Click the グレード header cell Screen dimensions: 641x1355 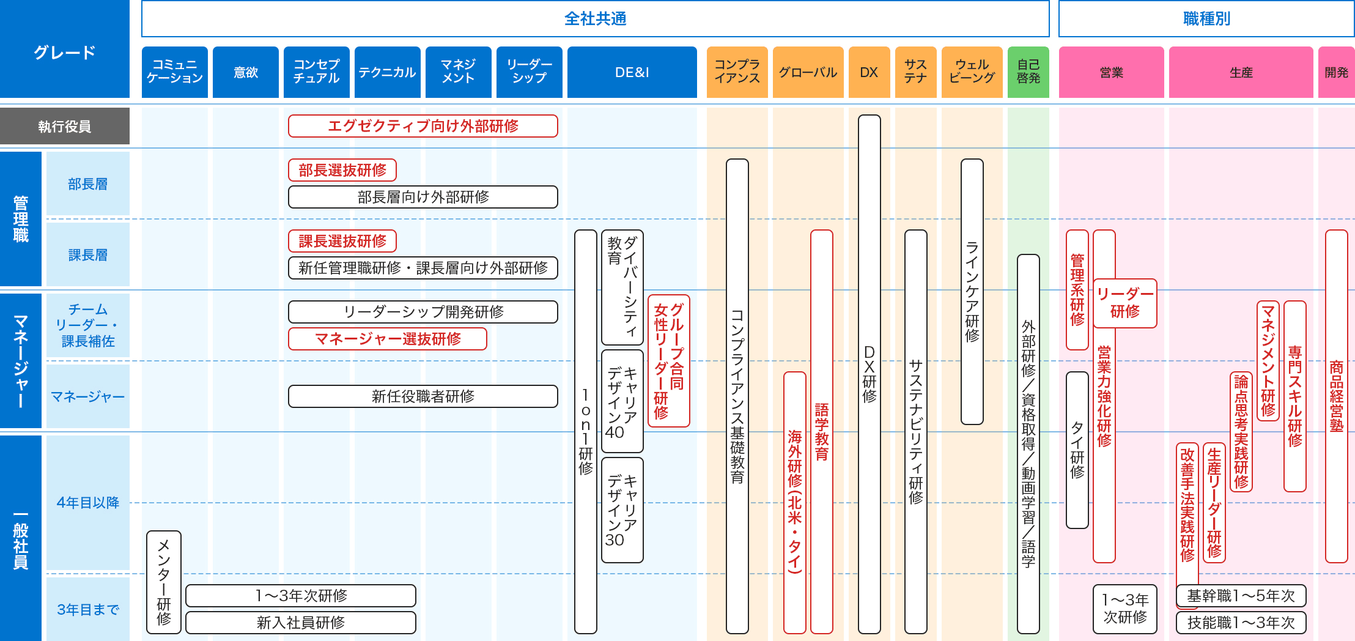click(x=64, y=52)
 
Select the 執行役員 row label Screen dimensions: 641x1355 click(x=64, y=126)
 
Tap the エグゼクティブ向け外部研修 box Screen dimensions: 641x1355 click(x=423, y=126)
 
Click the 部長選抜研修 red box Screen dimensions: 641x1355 click(x=342, y=170)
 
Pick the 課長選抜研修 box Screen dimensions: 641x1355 click(x=342, y=241)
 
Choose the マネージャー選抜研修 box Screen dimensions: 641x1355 click(x=387, y=339)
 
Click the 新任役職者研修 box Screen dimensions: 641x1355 click(x=423, y=396)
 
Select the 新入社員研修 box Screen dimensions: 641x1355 click(x=300, y=623)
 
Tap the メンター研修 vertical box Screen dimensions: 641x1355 click(x=163, y=582)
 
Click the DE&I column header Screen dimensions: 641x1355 click(x=632, y=72)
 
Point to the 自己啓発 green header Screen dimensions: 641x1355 click(x=1028, y=72)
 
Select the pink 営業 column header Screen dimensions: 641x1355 click(x=1111, y=72)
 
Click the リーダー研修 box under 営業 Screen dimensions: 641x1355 click(x=1125, y=303)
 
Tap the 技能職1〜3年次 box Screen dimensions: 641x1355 click(x=1241, y=623)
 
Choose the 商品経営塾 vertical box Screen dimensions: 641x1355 click(x=1336, y=396)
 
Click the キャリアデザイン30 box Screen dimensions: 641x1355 click(x=622, y=510)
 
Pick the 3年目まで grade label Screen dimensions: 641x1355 click(x=87, y=609)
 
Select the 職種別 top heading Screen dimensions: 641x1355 click(x=1206, y=19)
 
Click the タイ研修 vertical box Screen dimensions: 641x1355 click(x=1077, y=450)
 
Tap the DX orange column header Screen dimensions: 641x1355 click(x=869, y=72)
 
